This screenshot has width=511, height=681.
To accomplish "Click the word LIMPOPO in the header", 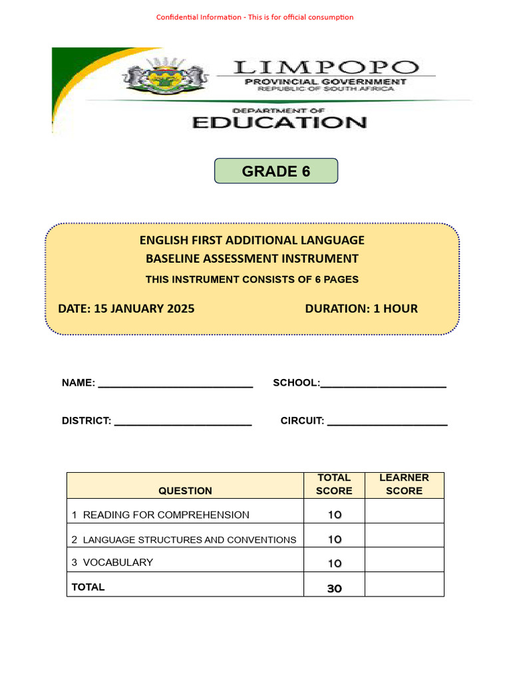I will coord(326,67).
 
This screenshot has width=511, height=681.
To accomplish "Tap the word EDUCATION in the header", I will coord(279,122).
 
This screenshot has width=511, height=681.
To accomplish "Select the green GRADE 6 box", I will coord(276,171).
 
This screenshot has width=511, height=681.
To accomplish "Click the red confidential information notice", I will coord(255,17).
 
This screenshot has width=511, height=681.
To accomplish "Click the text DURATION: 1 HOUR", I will coord(361,309).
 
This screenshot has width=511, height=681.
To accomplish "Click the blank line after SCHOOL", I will coord(383,384).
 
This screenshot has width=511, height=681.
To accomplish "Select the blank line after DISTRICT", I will coord(183,422).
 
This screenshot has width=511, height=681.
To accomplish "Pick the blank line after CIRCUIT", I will coord(387,422).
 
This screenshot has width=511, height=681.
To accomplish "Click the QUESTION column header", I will coord(185,491).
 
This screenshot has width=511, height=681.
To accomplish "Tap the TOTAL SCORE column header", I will coord(334,484).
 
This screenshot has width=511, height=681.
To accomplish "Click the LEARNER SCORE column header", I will coord(404,484).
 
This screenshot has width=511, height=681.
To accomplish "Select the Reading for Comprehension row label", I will coord(160,515).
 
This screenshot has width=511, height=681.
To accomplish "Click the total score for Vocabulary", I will coord(334,563).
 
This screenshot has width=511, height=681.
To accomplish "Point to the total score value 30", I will coord(334,589).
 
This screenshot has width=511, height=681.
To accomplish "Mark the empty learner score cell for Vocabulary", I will coord(404,560).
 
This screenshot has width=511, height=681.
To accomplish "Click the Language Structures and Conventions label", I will coord(184,539).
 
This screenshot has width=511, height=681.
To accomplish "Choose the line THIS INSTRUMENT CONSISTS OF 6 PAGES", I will coord(252,279).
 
